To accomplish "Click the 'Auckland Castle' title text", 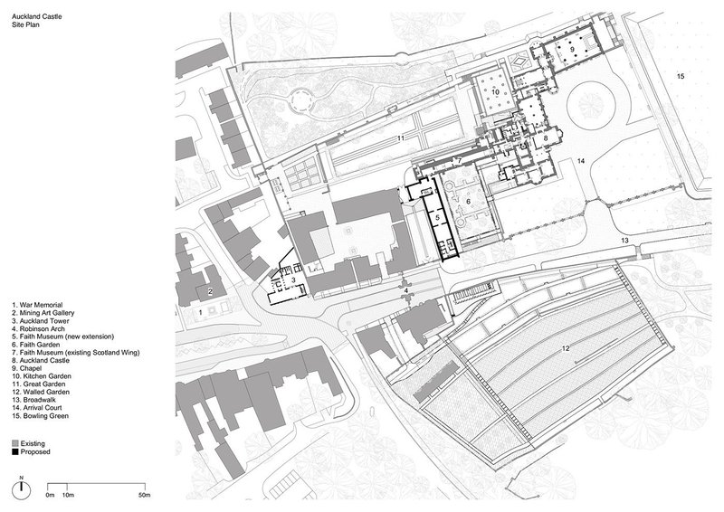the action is pos(36,16).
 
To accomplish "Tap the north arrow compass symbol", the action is pos(21,488).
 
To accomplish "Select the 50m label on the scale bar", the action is pos(145,496).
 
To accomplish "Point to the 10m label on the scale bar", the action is pos(69,496).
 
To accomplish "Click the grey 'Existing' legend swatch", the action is pos(15,443).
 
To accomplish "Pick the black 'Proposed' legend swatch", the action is pos(15,452).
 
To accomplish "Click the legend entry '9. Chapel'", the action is pos(27,368).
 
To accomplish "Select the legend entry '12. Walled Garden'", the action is pos(41,392).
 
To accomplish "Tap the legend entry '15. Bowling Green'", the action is pos(40,416).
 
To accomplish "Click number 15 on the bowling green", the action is pos(681,76).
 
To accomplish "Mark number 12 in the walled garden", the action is pos(566,348).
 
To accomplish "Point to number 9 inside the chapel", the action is pos(572,49).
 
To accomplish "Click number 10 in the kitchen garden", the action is pos(495,92).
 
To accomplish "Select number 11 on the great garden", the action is pos(400,138).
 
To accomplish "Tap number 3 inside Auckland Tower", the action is pos(293,280).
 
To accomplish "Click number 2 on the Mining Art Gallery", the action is pos(210,291).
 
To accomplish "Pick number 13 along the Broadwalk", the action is pos(624,241).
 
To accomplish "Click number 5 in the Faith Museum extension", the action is pos(438,216).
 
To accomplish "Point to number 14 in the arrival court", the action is pos(580,161).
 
